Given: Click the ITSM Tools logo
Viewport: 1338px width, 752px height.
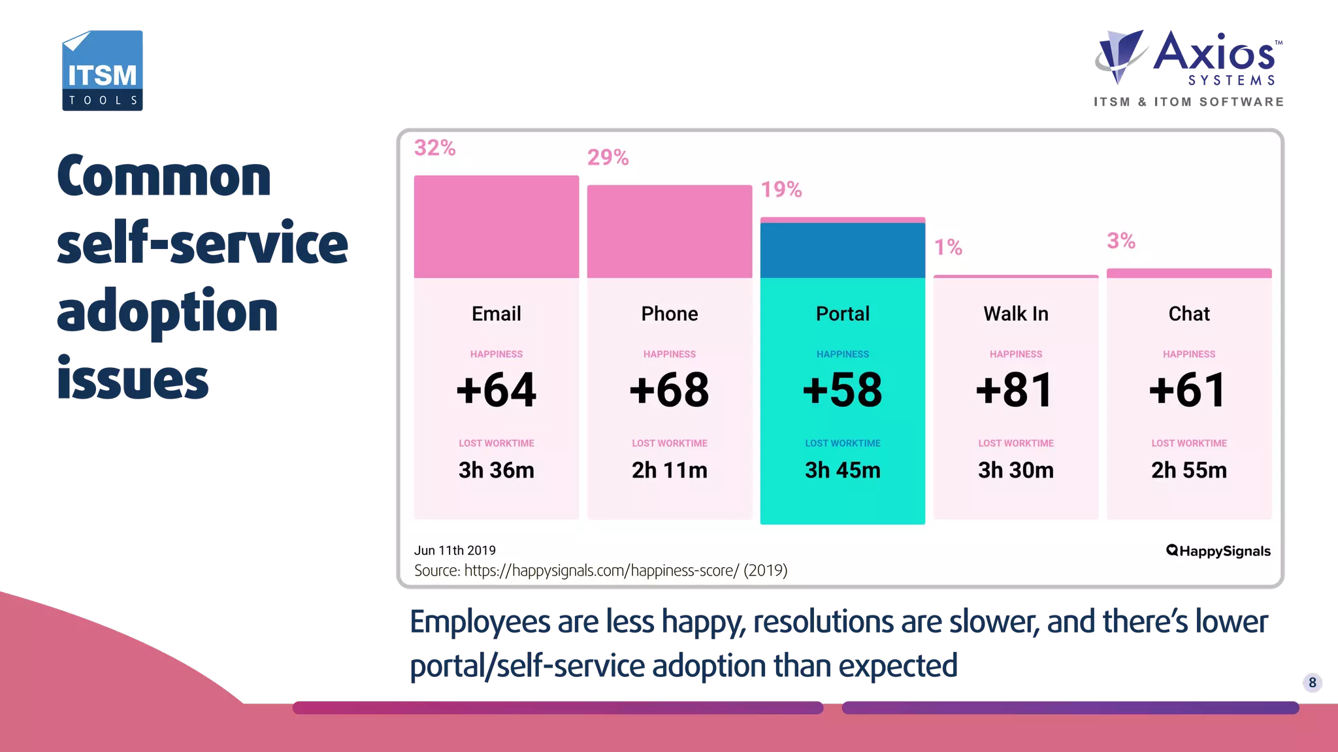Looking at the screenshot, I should pyautogui.click(x=103, y=71).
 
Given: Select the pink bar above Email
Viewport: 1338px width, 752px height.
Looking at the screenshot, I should pyautogui.click(x=496, y=226).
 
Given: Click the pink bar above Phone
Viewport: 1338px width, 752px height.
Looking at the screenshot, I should pyautogui.click(x=669, y=231).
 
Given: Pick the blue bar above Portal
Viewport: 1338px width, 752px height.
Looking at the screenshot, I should pyautogui.click(x=842, y=250).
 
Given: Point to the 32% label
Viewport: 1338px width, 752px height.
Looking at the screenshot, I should pyautogui.click(x=434, y=148).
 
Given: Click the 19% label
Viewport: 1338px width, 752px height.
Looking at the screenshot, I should pyautogui.click(x=781, y=189).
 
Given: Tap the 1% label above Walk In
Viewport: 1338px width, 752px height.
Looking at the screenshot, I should pyautogui.click(x=947, y=247).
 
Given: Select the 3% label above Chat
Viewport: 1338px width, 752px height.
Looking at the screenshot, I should pyautogui.click(x=1120, y=240).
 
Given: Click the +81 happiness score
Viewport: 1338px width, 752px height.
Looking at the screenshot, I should pyautogui.click(x=1015, y=390).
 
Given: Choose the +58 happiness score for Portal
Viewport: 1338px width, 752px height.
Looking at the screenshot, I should pyautogui.click(x=842, y=390).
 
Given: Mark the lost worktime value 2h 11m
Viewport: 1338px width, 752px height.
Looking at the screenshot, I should pyautogui.click(x=669, y=470).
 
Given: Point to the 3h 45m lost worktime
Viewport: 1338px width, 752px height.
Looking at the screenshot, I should pyautogui.click(x=842, y=470).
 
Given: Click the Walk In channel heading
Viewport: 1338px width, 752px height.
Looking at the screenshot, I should pyautogui.click(x=1015, y=314).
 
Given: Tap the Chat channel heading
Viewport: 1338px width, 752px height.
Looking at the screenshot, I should pyautogui.click(x=1188, y=314).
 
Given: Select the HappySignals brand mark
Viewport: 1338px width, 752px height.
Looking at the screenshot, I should pyautogui.click(x=1218, y=551).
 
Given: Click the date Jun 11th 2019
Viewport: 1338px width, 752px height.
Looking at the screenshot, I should pyautogui.click(x=455, y=550).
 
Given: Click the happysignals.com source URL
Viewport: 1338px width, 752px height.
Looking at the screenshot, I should pyautogui.click(x=601, y=570).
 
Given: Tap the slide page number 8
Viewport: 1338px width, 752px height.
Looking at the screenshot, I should pyautogui.click(x=1312, y=683).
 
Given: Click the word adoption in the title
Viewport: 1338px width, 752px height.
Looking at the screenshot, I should pyautogui.click(x=167, y=312).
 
